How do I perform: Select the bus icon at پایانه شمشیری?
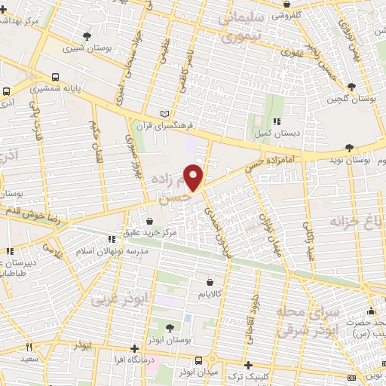[57, 77]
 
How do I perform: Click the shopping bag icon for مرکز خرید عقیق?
[151, 222]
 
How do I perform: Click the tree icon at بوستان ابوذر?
[168, 326]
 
